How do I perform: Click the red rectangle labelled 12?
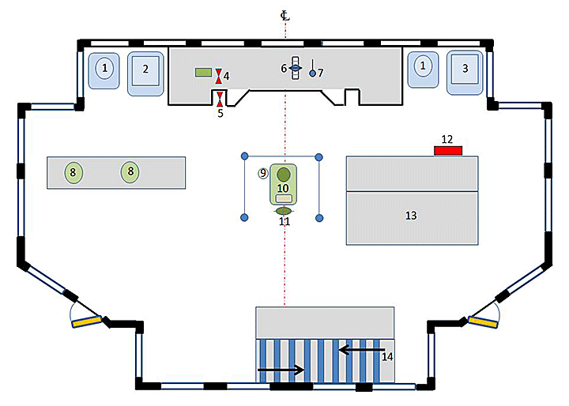click(x=448, y=150)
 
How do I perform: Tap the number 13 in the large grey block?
click(x=411, y=215)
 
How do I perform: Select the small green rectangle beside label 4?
click(x=204, y=73)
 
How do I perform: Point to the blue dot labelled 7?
click(x=312, y=73)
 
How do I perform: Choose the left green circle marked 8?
click(x=73, y=172)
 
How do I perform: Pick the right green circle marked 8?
click(x=130, y=171)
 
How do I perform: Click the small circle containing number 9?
click(x=263, y=173)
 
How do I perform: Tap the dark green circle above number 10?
click(x=284, y=174)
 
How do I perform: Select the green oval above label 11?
click(x=284, y=210)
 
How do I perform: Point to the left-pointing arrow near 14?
click(x=361, y=348)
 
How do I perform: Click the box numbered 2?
click(x=145, y=70)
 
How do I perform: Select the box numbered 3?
click(x=465, y=70)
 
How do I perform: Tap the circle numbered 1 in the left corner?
click(x=105, y=69)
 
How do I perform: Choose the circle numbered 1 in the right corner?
click(x=425, y=68)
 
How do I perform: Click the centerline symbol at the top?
click(x=284, y=14)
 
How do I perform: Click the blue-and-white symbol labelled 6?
click(x=295, y=69)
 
